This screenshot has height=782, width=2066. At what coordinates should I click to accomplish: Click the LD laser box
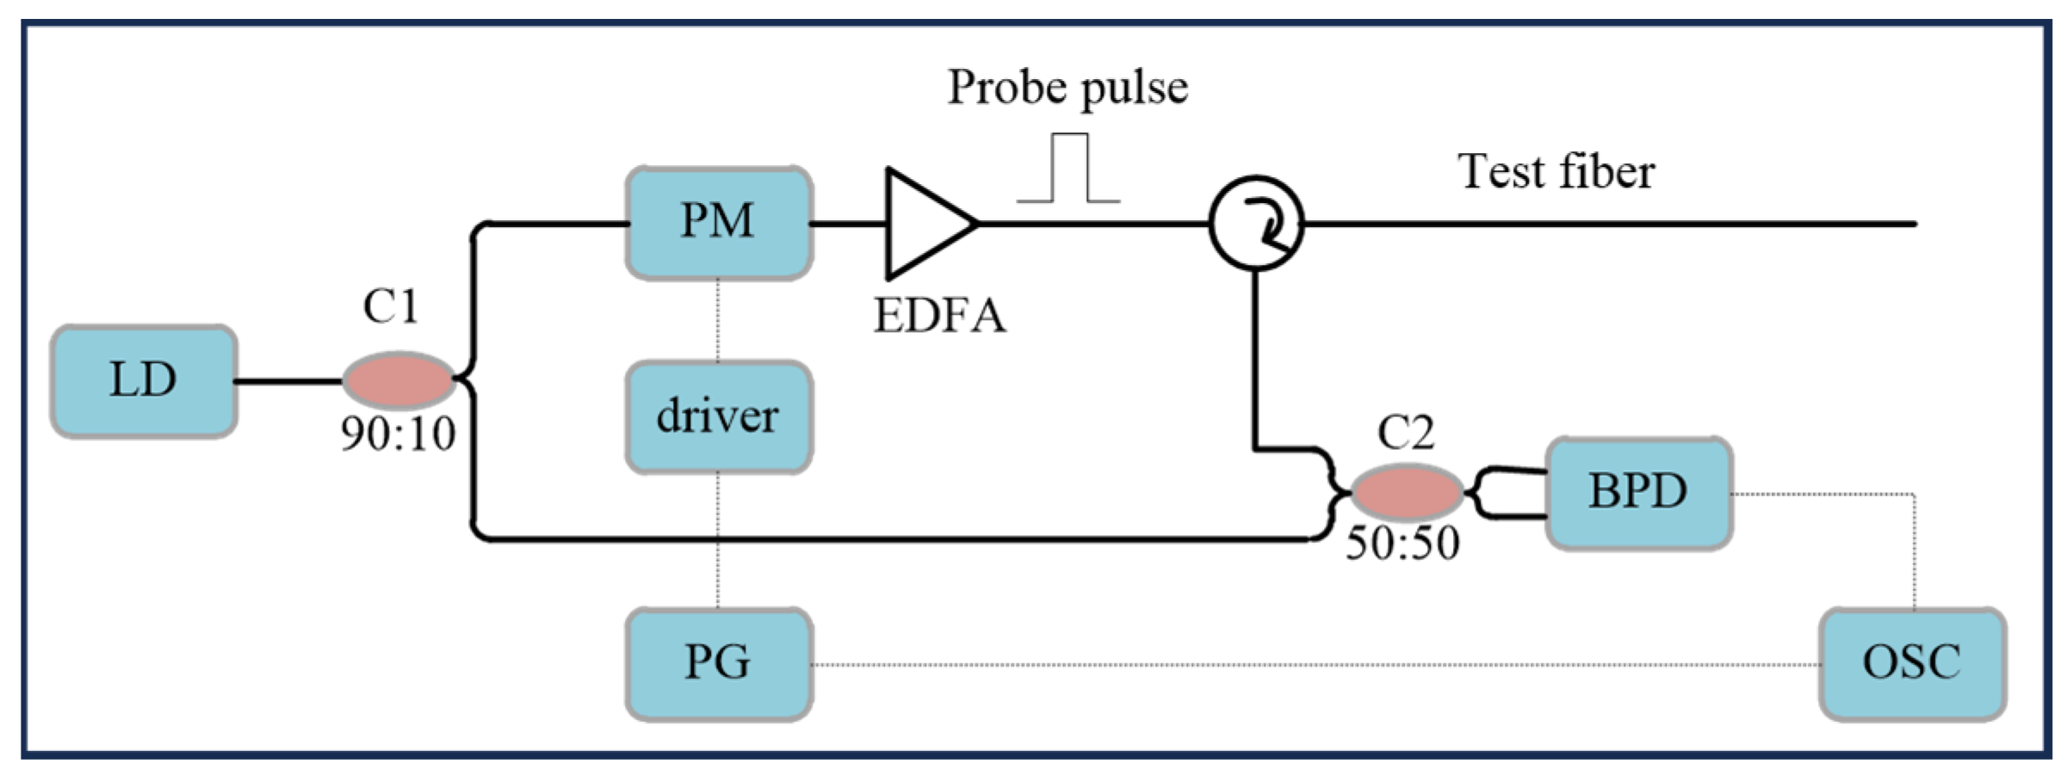144,381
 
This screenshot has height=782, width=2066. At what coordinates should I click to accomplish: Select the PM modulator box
719,223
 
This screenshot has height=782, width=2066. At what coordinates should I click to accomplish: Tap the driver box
719,417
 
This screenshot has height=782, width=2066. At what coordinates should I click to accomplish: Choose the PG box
719,663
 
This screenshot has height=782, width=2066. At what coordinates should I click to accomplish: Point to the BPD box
1638,493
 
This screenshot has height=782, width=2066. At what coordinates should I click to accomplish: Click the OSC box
1912,663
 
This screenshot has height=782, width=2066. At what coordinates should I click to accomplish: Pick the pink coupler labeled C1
399,379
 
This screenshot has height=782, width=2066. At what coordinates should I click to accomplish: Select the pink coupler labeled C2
1407,493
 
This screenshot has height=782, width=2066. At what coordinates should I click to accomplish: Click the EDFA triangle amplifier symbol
925,224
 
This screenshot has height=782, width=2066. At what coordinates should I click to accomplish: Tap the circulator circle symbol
1256,224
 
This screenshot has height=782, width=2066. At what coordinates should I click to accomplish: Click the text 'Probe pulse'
1067,88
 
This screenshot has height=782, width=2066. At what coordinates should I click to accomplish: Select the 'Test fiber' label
1556,171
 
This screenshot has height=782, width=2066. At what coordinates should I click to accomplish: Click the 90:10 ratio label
399,434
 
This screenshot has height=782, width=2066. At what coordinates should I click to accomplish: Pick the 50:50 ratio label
1402,544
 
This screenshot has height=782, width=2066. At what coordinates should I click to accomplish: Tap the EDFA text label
939,316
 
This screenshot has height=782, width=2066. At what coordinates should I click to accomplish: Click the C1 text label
391,306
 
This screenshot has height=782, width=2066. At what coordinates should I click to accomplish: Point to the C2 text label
1406,433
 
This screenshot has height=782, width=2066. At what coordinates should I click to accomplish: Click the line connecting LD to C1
288,381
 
